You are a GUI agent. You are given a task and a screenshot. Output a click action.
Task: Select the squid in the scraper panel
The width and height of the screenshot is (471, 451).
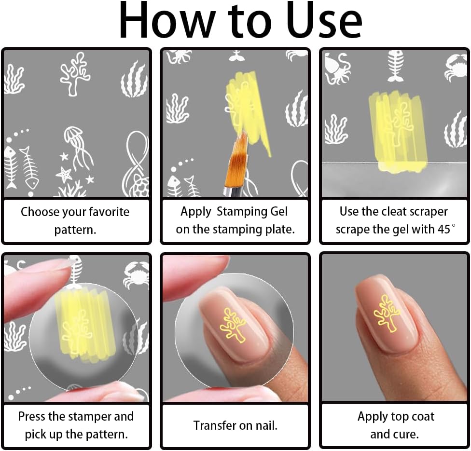click(337, 68)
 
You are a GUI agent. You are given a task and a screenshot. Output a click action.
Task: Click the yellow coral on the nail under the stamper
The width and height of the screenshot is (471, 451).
click(233, 326)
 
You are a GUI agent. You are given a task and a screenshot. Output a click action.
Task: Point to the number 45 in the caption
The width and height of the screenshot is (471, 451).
click(444, 230)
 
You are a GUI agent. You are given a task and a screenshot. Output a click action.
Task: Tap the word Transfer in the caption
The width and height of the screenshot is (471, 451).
click(213, 425)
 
